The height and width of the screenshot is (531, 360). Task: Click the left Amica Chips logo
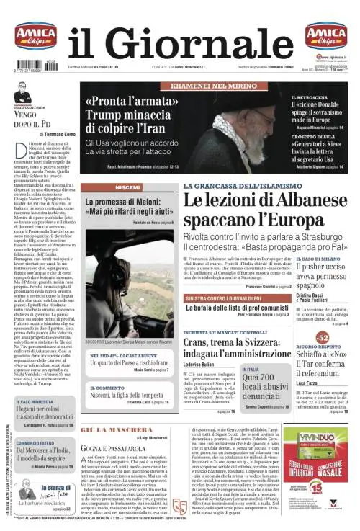click(35, 35)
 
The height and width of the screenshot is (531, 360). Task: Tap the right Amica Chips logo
click(325, 35)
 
